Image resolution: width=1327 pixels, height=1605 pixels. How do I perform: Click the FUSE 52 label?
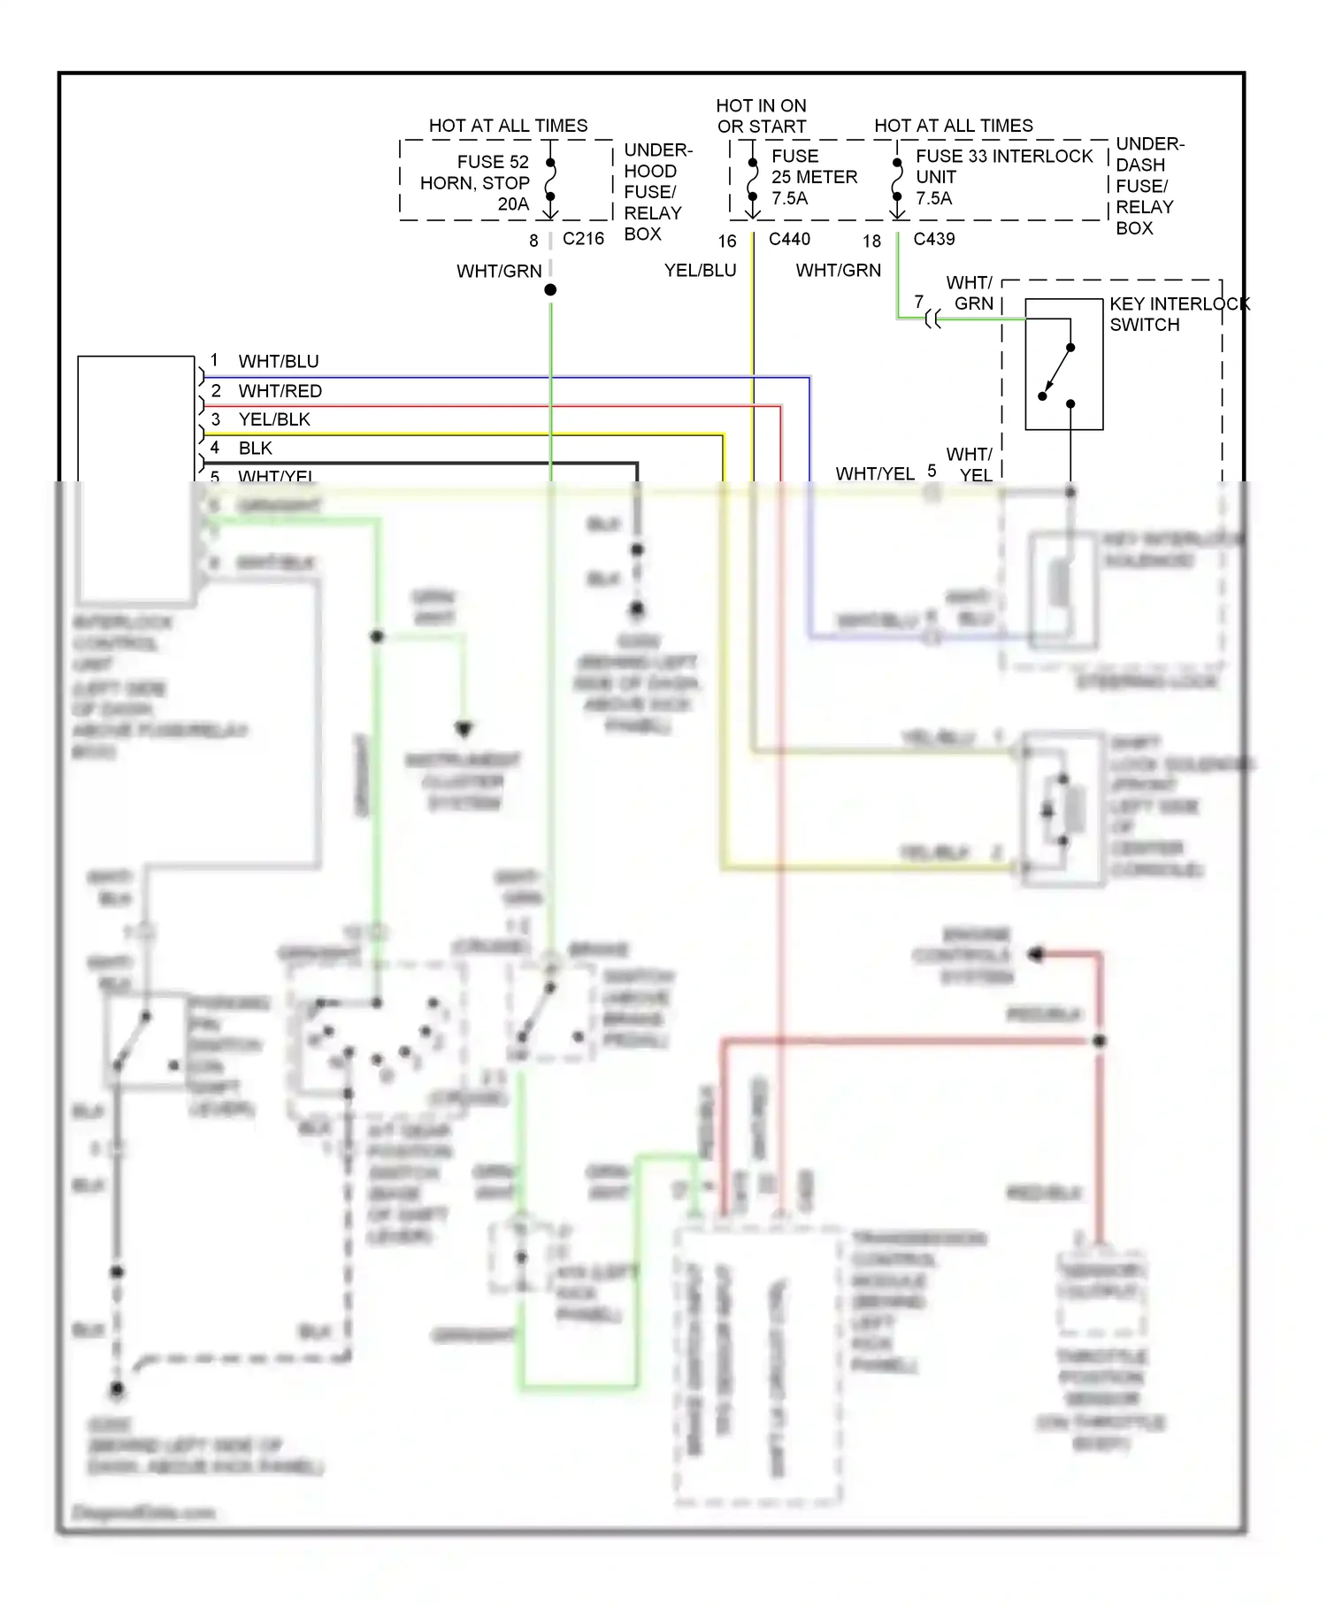[x=493, y=162]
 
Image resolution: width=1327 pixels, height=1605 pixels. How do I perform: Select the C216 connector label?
[x=583, y=239]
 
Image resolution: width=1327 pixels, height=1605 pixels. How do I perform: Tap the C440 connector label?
[x=789, y=239]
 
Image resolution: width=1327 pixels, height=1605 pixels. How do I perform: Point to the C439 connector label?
[x=933, y=239]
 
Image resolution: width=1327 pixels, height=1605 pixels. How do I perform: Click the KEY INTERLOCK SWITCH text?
[x=1178, y=314]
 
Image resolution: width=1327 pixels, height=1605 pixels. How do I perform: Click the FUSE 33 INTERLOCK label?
[x=1004, y=157]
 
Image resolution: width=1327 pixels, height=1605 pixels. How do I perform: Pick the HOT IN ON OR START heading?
[x=761, y=116]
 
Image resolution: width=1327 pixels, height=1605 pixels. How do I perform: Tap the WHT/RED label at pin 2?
[x=280, y=391]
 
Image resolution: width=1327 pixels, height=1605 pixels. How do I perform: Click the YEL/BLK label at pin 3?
[x=274, y=419]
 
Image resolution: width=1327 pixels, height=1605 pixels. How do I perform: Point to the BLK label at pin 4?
[x=255, y=449]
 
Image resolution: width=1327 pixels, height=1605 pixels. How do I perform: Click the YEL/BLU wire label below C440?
[x=700, y=271]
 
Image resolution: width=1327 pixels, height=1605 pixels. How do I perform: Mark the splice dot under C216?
[x=550, y=290]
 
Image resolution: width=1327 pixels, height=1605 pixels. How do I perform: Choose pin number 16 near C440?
[x=727, y=241]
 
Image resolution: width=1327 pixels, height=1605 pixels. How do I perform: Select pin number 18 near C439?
[x=872, y=241]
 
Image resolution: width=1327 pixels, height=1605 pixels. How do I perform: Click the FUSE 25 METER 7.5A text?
[x=813, y=177]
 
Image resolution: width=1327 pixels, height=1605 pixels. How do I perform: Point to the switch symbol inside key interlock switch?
[x=1058, y=372]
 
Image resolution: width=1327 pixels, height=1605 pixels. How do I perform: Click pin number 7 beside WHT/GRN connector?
[x=919, y=302]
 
